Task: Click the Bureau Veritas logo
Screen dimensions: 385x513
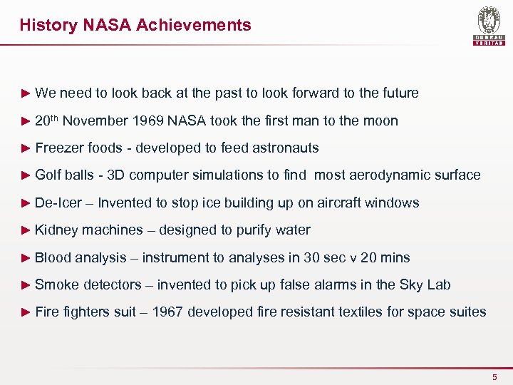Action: tap(489, 26)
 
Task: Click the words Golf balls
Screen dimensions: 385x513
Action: tap(65, 175)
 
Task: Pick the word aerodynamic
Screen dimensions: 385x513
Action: tap(388, 175)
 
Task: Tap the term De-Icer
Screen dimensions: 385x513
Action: tap(58, 203)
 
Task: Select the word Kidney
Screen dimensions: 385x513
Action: tap(56, 230)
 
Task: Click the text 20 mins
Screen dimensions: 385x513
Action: tap(383, 257)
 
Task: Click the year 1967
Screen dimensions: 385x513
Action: tap(167, 312)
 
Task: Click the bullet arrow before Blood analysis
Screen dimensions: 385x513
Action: tap(26, 257)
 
